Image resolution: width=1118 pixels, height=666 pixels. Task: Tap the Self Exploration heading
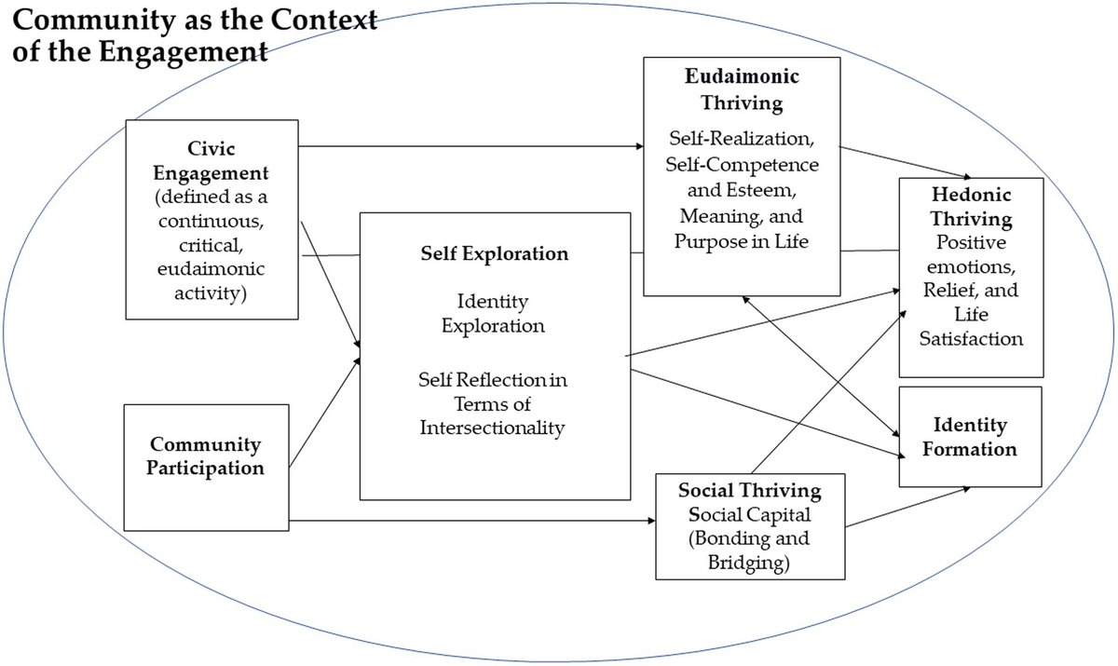(495, 253)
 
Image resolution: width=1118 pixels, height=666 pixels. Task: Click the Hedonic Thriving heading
(971, 208)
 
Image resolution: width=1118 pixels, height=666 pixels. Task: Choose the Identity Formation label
(970, 437)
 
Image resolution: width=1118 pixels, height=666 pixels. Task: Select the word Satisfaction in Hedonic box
(971, 339)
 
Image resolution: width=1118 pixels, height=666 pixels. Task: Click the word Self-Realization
(742, 140)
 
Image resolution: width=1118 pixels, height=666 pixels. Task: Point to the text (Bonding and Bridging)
(750, 550)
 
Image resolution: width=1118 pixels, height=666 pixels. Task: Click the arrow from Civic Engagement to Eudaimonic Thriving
(466, 146)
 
